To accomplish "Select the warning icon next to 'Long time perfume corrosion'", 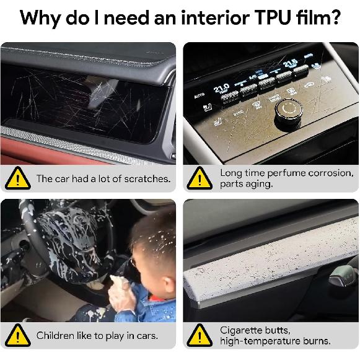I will [x=200, y=179].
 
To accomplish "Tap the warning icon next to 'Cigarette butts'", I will [x=200, y=336].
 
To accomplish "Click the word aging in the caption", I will [x=261, y=185].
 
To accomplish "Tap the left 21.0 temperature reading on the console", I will [x=221, y=88].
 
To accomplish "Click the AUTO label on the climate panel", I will [x=199, y=96].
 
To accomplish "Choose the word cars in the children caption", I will [x=146, y=336].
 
